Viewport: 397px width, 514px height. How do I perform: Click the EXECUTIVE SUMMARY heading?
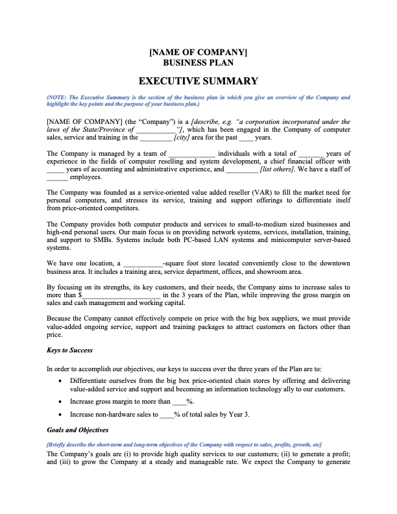tap(198, 81)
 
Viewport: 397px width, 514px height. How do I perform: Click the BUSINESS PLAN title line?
tap(198, 63)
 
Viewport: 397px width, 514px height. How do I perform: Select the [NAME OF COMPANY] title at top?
tap(198, 53)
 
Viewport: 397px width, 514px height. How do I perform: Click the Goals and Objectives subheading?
tap(78, 430)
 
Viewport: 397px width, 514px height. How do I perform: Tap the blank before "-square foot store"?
tap(143, 263)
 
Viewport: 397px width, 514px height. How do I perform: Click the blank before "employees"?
tap(57, 177)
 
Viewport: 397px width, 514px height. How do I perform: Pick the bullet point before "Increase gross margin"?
tap(60, 402)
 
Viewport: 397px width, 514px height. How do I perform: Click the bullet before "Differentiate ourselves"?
tap(60, 380)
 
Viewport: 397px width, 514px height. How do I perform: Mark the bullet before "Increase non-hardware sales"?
tap(60, 414)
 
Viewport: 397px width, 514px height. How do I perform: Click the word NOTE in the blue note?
tap(58, 97)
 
